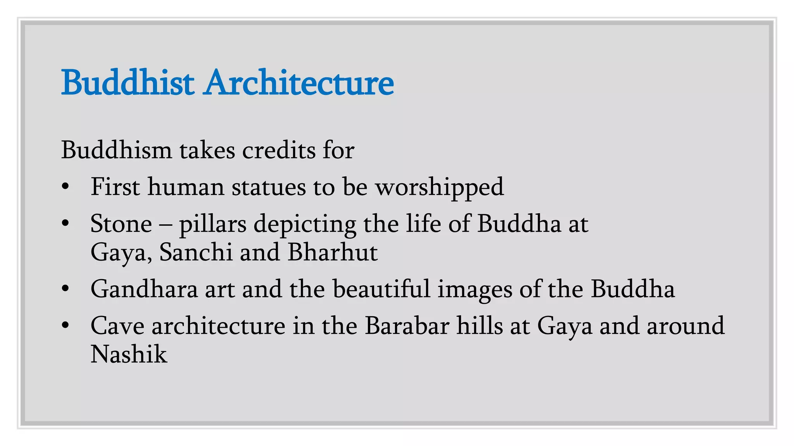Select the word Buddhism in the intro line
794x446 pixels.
click(x=116, y=150)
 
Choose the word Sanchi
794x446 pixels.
click(x=196, y=252)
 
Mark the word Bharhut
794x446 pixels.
click(x=333, y=252)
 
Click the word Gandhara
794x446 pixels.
click(x=144, y=289)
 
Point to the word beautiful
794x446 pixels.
click(x=381, y=289)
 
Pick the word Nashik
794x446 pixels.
click(x=129, y=354)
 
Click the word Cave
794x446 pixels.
click(x=117, y=326)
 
